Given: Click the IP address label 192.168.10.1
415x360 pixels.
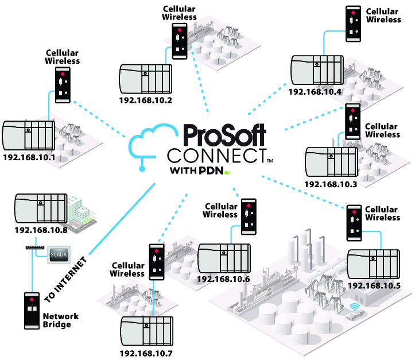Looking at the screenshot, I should point(29,157).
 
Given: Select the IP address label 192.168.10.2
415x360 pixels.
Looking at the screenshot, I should point(146,99).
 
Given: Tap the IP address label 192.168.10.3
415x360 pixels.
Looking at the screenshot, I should point(331,184).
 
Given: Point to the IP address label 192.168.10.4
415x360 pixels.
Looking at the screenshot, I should point(315,91).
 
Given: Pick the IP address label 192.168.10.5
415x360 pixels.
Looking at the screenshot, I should point(374,285).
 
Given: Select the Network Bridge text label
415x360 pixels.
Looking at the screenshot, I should point(61,320).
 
